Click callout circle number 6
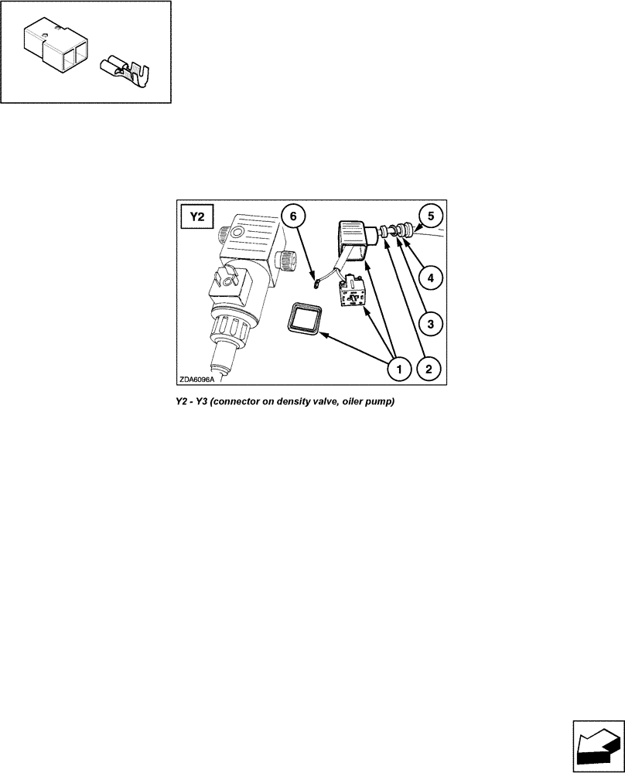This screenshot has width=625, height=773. tap(292, 216)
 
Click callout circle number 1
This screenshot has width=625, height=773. tap(398, 369)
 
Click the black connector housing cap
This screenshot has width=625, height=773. tap(353, 235)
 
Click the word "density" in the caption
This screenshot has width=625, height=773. tap(295, 403)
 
